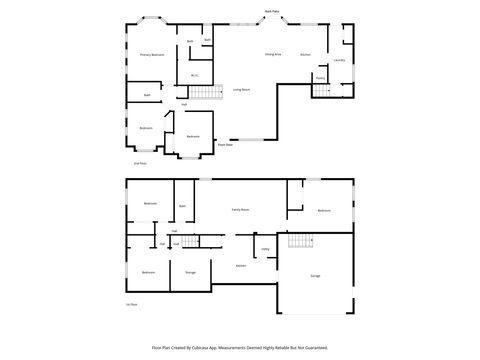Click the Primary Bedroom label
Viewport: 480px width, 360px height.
152,55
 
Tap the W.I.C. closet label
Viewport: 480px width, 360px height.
195,74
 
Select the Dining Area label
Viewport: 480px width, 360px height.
272,54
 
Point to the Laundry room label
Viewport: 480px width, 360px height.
339,61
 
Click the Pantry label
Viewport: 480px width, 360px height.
320,77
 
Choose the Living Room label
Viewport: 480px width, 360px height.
241,90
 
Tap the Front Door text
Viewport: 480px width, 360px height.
226,145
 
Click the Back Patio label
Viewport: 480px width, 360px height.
272,12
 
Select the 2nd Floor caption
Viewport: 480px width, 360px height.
140,163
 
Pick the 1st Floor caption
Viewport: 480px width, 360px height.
131,304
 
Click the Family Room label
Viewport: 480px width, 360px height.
241,210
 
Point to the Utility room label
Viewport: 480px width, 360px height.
265,249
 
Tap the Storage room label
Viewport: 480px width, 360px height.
190,272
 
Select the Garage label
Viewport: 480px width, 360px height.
315,275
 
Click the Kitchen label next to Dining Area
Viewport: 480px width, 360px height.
306,54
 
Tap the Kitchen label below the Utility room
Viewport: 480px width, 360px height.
241,266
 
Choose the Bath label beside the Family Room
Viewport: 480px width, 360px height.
183,206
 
